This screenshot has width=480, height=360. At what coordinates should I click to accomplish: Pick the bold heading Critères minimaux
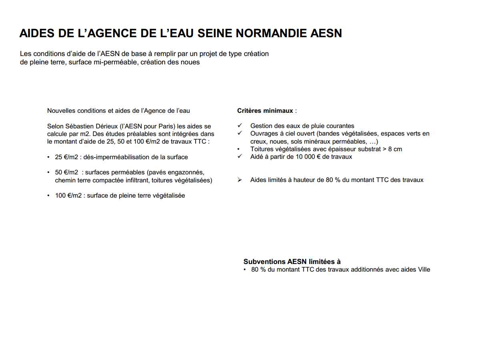[265, 111]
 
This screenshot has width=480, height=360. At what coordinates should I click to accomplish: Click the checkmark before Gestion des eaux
[240, 126]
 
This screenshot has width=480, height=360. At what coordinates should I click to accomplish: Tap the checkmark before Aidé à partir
[240, 157]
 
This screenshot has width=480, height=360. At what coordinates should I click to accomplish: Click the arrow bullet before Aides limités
[240, 180]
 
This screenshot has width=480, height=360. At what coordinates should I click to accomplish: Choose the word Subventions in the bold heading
[264, 262]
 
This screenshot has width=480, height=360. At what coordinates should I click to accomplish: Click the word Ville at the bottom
[424, 270]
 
